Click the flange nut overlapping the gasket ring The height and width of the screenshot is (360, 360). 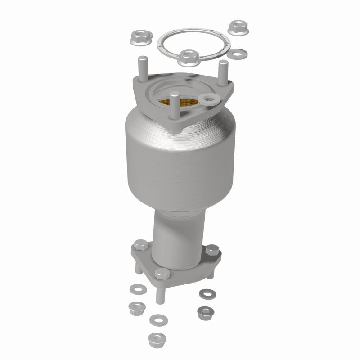pos(188,57)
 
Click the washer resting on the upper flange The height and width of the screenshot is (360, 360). pos(209,99)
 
